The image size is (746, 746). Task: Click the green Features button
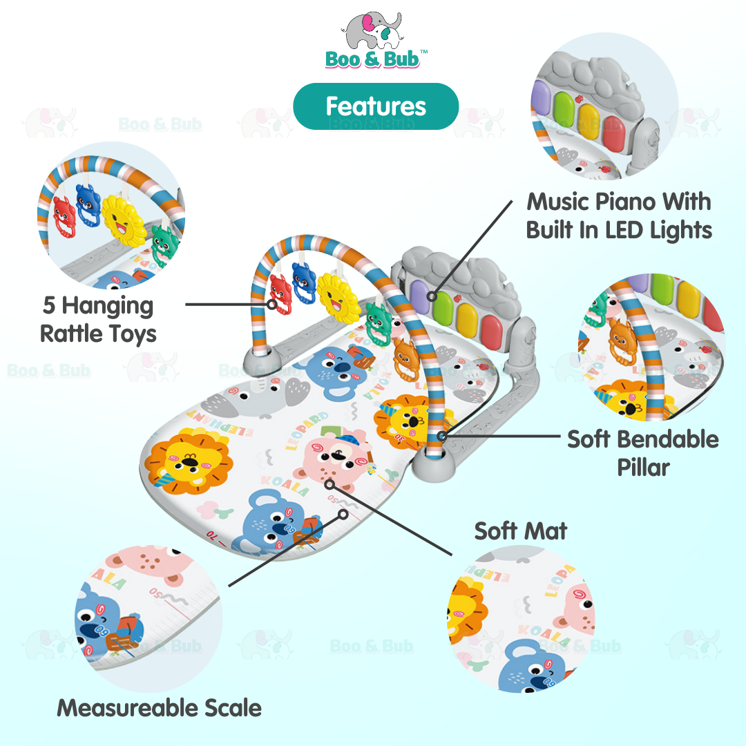click(376, 106)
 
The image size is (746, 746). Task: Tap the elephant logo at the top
click(371, 31)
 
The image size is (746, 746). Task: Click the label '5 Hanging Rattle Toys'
click(98, 319)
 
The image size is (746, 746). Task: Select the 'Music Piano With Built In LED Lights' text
click(619, 216)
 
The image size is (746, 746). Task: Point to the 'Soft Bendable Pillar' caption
click(642, 452)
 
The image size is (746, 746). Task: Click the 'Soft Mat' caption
click(521, 530)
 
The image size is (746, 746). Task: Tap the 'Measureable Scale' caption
click(159, 707)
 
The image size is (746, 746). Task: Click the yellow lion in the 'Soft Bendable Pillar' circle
click(626, 401)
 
